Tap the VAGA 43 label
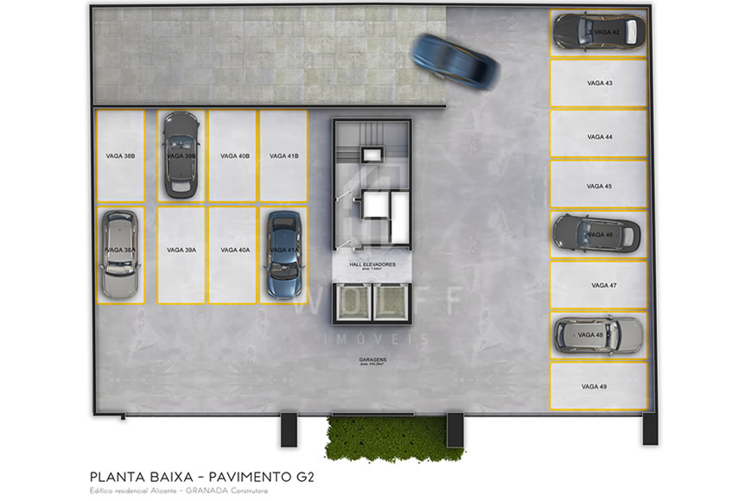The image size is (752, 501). (597, 84)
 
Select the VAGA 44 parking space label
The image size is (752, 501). (599, 137)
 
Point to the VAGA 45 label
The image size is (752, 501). (599, 187)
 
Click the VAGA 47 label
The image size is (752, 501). (604, 285)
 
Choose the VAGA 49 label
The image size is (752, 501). (594, 386)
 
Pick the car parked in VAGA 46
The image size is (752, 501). (596, 233)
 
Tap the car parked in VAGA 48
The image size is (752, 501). (598, 334)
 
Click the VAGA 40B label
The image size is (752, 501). (234, 156)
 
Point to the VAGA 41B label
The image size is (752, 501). (284, 156)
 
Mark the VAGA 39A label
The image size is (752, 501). (182, 250)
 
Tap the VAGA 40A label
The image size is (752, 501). (234, 250)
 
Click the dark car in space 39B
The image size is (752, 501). (181, 151)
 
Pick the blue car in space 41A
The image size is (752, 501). (283, 255)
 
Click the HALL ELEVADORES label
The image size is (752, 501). (373, 263)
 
